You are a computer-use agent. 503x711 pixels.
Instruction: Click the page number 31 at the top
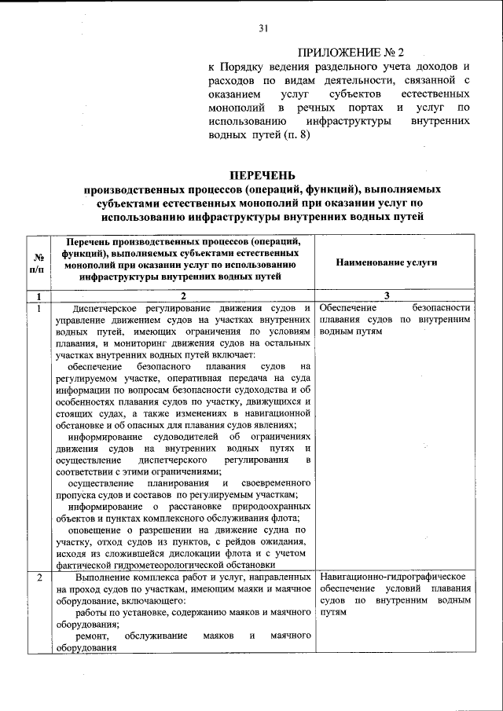tap(263, 29)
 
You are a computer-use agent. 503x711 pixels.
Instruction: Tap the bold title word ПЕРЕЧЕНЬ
tap(263, 174)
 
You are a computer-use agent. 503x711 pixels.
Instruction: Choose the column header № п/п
tap(37, 262)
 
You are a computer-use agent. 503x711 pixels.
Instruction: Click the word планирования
tap(180, 482)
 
